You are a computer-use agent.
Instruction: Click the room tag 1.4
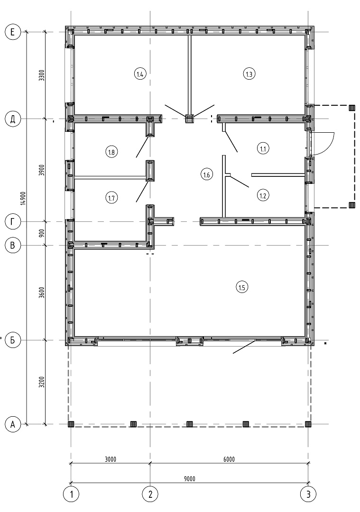coord(140,74)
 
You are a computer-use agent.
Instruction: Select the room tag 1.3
coord(249,74)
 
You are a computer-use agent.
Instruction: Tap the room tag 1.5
coord(242,288)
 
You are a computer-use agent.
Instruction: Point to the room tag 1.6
coord(206,175)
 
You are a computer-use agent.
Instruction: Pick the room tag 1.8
coord(112,152)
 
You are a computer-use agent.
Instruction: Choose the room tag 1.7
coord(112,198)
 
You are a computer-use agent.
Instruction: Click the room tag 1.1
coord(263,149)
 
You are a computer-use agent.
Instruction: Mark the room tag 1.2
coord(263,196)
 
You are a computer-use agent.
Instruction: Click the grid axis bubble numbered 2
coord(150,494)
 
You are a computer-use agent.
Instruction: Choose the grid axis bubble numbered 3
coord(308,494)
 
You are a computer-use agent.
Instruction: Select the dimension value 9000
coord(189,479)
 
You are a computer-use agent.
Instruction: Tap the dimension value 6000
coord(229,459)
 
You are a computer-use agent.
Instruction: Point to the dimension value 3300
coord(41,75)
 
